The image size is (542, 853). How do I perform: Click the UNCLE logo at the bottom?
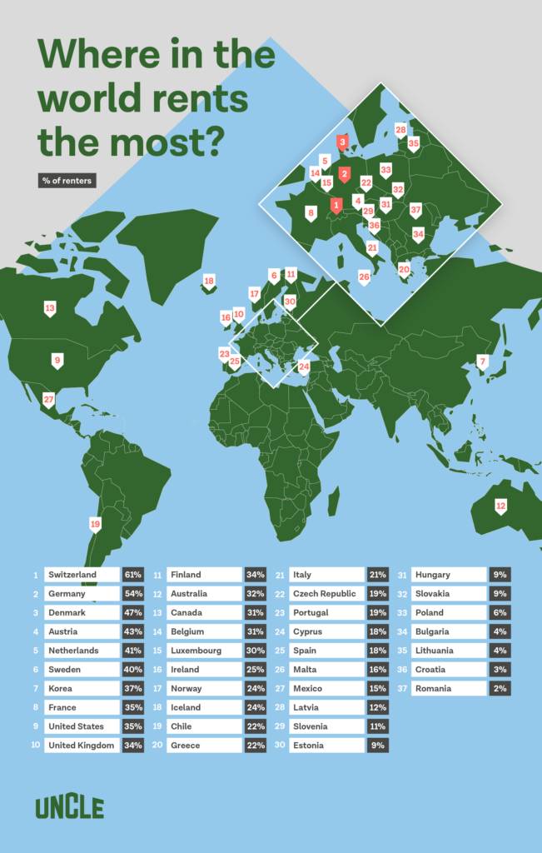click(69, 806)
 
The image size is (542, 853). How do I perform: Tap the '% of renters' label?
click(67, 181)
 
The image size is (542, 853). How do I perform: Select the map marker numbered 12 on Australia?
click(500, 506)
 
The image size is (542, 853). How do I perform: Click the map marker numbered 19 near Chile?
click(95, 524)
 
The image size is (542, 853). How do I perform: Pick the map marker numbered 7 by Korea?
click(481, 362)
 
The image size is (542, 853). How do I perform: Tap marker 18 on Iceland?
click(209, 282)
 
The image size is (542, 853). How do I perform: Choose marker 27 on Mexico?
click(49, 399)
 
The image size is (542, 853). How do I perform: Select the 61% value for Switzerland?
click(133, 575)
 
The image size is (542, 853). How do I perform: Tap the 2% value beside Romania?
click(500, 689)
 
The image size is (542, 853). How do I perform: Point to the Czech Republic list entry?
click(324, 594)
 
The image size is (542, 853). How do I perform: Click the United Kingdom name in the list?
click(81, 746)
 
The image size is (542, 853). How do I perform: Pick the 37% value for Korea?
click(133, 689)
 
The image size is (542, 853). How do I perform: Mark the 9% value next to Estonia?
click(377, 746)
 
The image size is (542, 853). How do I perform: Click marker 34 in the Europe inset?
click(418, 234)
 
